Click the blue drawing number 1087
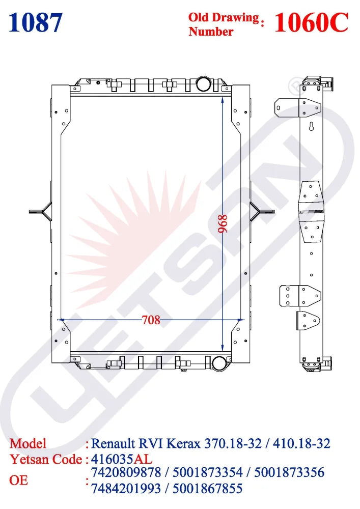coord(35,23)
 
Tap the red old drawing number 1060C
coord(311,22)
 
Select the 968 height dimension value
coord(223,224)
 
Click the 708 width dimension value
coord(151,320)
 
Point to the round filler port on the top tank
coord(204,83)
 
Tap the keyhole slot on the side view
coord(311,126)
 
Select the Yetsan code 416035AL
coord(122,459)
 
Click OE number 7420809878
coord(126,472)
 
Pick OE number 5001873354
coord(207,472)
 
